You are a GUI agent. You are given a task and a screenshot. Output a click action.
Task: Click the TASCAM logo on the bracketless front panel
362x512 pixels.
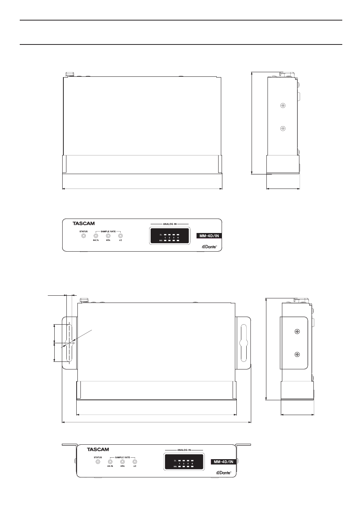(x=83, y=224)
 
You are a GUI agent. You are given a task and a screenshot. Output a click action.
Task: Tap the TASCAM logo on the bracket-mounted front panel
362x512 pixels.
(x=98, y=449)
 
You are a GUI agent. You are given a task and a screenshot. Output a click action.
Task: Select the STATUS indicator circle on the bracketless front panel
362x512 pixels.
(x=83, y=236)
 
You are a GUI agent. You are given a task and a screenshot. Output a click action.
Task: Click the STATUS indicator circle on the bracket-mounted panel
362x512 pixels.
(x=98, y=461)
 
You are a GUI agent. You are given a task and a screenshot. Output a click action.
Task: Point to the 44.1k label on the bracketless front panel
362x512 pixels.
(x=96, y=240)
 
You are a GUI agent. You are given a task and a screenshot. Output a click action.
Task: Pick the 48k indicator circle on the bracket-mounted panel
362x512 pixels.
(x=122, y=461)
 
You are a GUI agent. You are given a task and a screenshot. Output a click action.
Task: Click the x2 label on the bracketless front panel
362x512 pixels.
(x=120, y=240)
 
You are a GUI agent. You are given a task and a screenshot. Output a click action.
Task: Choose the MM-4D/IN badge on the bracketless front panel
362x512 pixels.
(x=209, y=236)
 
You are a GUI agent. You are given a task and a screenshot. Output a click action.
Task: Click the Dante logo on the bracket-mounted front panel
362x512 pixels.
(x=223, y=472)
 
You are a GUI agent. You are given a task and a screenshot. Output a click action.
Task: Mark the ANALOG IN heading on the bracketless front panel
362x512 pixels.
(x=170, y=224)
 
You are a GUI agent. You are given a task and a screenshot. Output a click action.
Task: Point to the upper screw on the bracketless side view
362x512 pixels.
(x=282, y=106)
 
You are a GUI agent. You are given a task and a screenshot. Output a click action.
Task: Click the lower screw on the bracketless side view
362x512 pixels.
(x=282, y=128)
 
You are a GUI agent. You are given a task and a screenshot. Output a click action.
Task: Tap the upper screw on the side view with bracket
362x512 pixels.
(x=297, y=332)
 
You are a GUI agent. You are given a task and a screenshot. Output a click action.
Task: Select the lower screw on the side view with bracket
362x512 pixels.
(x=297, y=355)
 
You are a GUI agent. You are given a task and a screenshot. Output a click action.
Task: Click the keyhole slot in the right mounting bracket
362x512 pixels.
(x=243, y=343)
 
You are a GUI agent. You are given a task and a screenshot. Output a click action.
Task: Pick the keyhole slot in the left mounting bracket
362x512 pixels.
(x=69, y=343)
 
